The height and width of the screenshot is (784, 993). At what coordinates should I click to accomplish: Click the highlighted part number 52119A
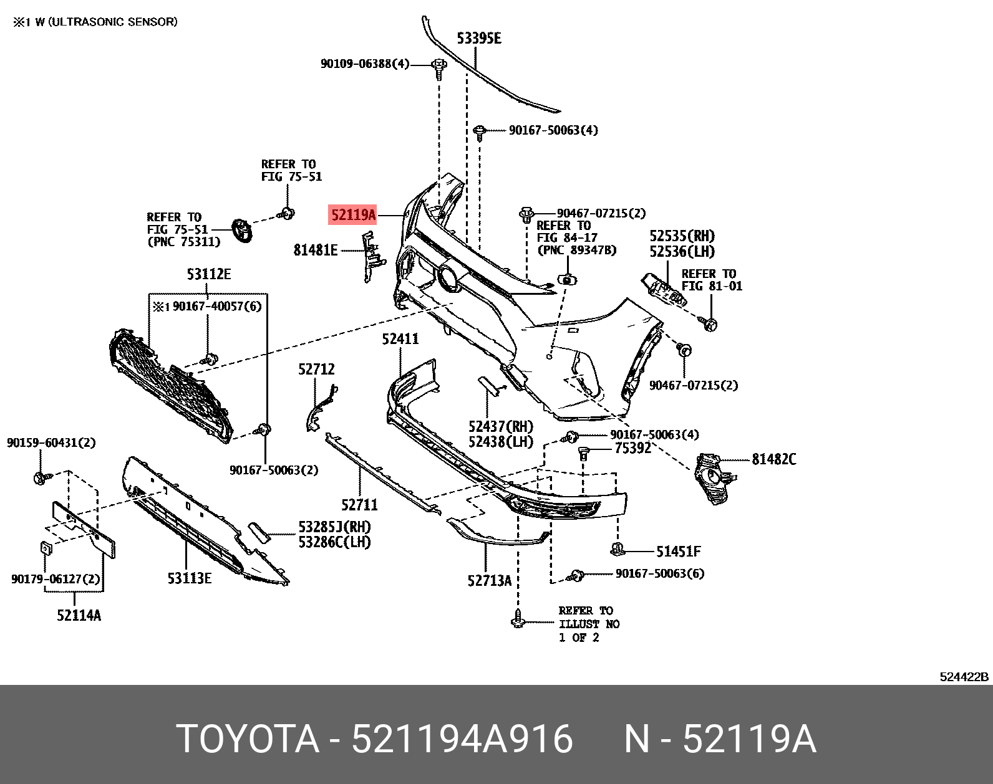[353, 216]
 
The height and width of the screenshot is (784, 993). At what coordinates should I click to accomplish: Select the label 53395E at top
[478, 39]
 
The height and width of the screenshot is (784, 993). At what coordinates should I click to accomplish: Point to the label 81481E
[316, 251]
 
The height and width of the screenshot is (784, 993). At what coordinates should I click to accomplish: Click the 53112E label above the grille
[208, 274]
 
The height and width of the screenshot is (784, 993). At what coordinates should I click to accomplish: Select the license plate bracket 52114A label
[79, 615]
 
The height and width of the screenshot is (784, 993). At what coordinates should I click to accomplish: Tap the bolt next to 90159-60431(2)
[40, 478]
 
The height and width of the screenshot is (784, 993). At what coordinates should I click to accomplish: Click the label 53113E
[189, 578]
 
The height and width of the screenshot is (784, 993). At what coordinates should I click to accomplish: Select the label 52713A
[489, 581]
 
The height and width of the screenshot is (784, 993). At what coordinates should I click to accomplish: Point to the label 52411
[400, 339]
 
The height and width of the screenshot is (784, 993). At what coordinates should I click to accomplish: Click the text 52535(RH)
[682, 236]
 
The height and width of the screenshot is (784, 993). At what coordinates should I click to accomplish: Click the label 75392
[632, 448]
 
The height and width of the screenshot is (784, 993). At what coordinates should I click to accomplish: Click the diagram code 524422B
[964, 677]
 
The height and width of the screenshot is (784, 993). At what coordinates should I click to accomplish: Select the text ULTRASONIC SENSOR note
[113, 22]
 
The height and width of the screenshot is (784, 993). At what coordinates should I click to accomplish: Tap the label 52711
[360, 505]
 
